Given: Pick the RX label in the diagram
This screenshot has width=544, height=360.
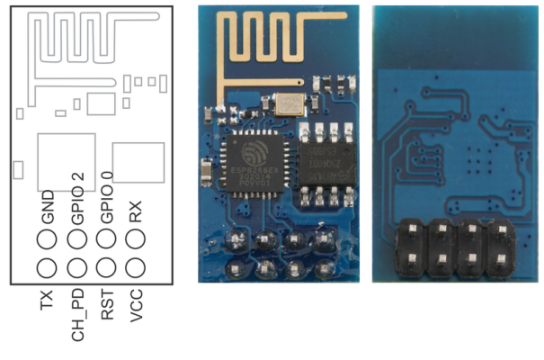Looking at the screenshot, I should coord(136,212).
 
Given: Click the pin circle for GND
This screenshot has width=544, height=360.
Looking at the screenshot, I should coord(48,239).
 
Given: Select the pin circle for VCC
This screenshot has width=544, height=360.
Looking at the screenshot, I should coord(136,267).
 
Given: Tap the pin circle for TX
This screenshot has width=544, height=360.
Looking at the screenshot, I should coord(48,267).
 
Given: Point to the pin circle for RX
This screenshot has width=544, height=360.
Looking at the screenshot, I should coord(136,239).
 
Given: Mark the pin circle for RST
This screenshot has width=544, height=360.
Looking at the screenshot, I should coord(106,267).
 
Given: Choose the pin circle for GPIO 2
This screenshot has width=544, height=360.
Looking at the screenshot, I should coord(77,239).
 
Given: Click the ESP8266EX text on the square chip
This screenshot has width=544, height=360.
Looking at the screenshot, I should coord(254,169).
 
